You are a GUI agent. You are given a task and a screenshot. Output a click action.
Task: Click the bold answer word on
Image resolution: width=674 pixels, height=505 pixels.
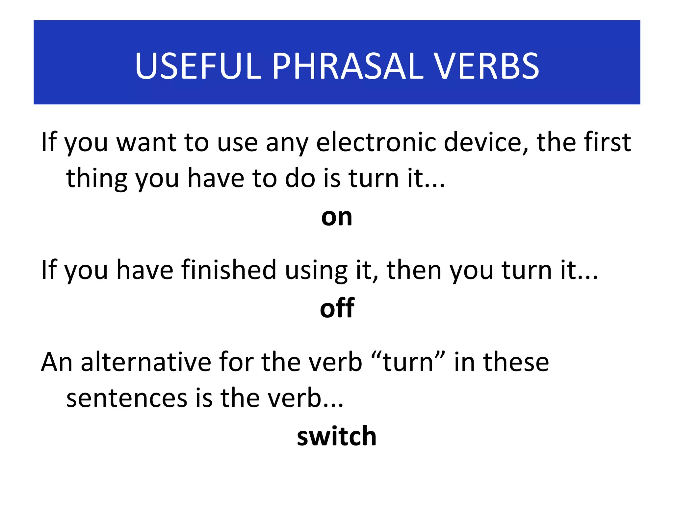337,218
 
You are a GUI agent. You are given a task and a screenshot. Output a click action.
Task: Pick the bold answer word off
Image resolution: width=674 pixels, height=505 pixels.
337,308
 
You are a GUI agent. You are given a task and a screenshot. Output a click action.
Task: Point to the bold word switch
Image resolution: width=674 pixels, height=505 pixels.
336,436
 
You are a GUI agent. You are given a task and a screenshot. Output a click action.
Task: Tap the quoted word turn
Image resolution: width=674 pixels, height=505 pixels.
408,362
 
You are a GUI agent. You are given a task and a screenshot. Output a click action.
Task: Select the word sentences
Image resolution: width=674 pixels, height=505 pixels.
126,398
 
